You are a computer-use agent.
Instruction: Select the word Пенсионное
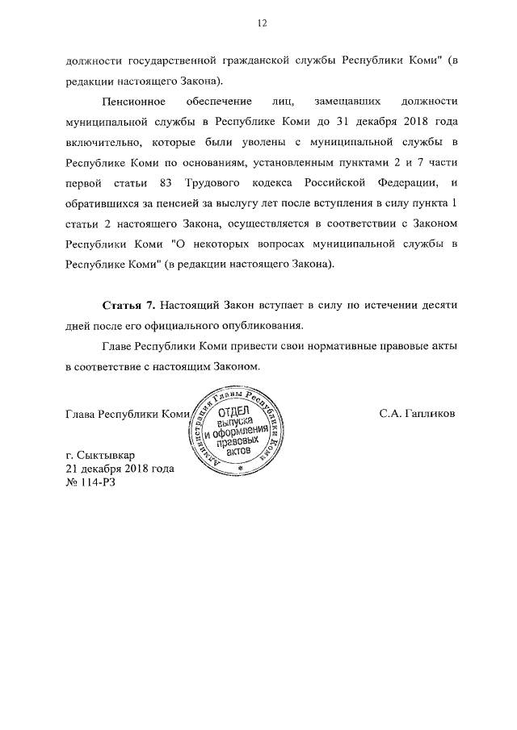click(134, 103)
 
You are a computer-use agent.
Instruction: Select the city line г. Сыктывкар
click(100, 453)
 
